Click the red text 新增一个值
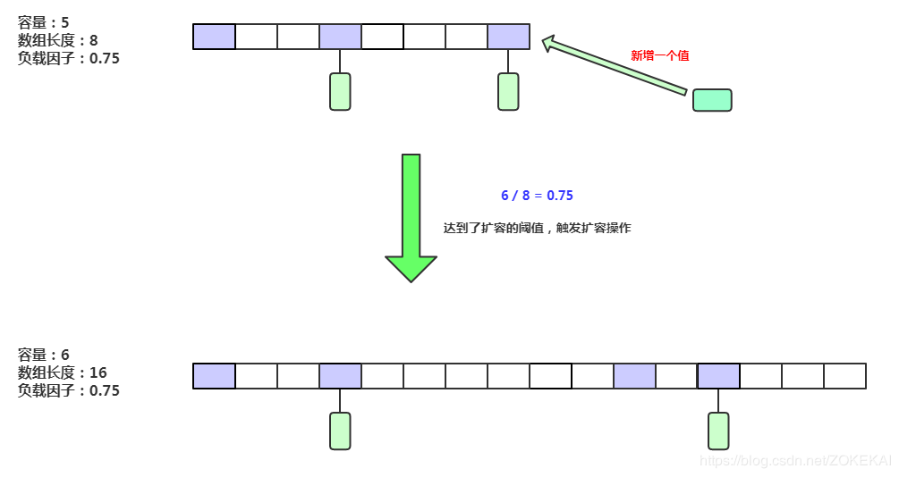(x=659, y=55)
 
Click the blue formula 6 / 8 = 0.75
(x=537, y=195)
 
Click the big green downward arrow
(x=411, y=219)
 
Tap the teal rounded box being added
(x=712, y=100)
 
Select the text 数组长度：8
(x=57, y=40)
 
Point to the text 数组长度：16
(x=62, y=372)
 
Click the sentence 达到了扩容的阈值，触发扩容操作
(x=537, y=228)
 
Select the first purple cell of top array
(x=215, y=37)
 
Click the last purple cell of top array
(x=508, y=37)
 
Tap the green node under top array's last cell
(x=508, y=92)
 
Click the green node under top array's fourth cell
(x=340, y=92)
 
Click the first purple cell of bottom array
(x=215, y=376)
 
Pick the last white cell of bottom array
(x=844, y=376)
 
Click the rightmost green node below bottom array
(x=718, y=431)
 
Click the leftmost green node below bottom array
(x=340, y=431)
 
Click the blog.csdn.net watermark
(x=795, y=461)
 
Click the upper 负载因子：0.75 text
(x=68, y=58)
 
